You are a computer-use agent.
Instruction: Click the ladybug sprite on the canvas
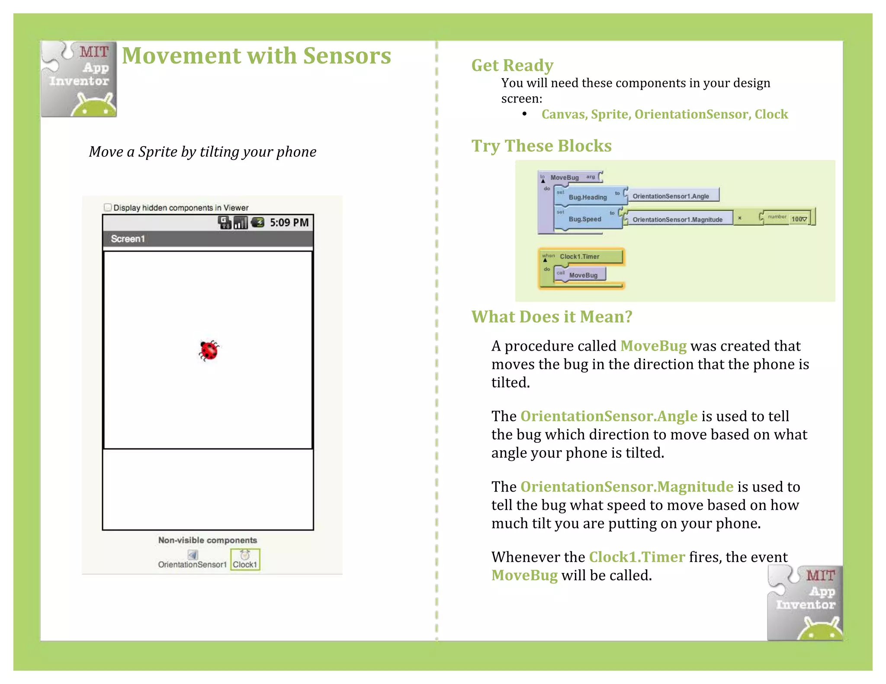209,350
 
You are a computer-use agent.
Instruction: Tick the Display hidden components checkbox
108,207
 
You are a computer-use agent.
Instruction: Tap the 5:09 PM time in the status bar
289,223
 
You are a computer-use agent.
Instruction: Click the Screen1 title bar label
128,239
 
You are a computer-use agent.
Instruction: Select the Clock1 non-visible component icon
245,559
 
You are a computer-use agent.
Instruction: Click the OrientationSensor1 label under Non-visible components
192,564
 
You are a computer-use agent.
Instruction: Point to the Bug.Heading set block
587,197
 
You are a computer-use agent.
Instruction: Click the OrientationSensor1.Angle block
671,196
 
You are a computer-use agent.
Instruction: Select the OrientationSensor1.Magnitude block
677,219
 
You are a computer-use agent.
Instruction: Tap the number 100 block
797,219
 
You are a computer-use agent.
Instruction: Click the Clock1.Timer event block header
580,256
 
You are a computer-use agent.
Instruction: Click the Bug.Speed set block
584,219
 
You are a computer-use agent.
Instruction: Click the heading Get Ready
512,65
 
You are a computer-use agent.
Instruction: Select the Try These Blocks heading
541,146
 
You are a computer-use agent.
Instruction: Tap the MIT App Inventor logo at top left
79,79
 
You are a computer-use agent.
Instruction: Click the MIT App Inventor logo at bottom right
805,603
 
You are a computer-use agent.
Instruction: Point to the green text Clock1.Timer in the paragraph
637,557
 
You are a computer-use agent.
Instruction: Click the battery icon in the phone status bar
258,222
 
